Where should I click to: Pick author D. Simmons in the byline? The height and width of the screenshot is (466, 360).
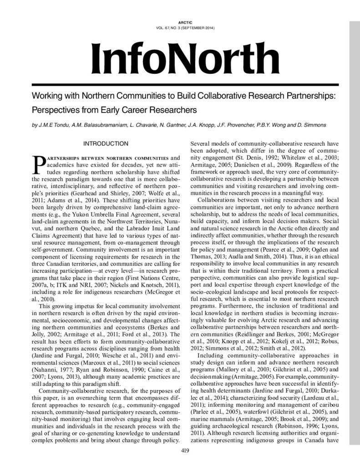pos(311,125)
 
